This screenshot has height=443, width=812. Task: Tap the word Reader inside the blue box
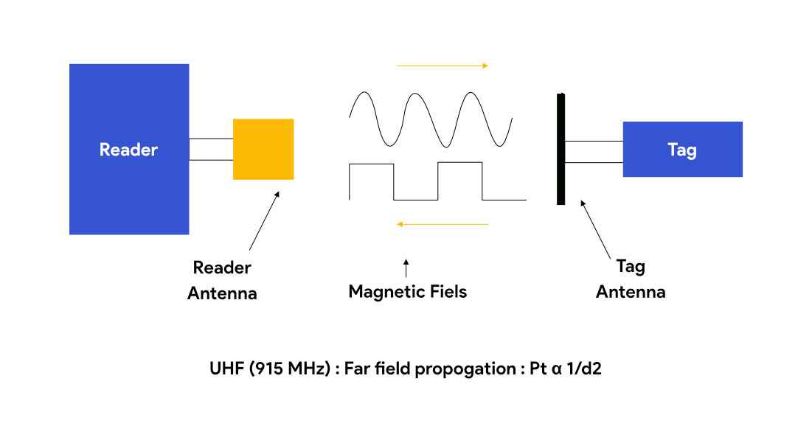pyautogui.click(x=129, y=150)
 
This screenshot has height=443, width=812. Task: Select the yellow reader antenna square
pyautogui.click(x=263, y=149)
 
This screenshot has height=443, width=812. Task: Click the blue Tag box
pyautogui.click(x=682, y=150)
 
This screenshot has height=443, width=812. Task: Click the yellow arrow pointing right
pyautogui.click(x=443, y=66)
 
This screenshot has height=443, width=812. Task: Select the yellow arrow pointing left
pyautogui.click(x=443, y=223)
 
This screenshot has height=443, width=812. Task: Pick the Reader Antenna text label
pyautogui.click(x=222, y=280)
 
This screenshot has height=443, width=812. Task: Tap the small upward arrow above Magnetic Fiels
pyautogui.click(x=406, y=268)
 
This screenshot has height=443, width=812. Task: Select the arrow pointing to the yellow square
pyautogui.click(x=264, y=221)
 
